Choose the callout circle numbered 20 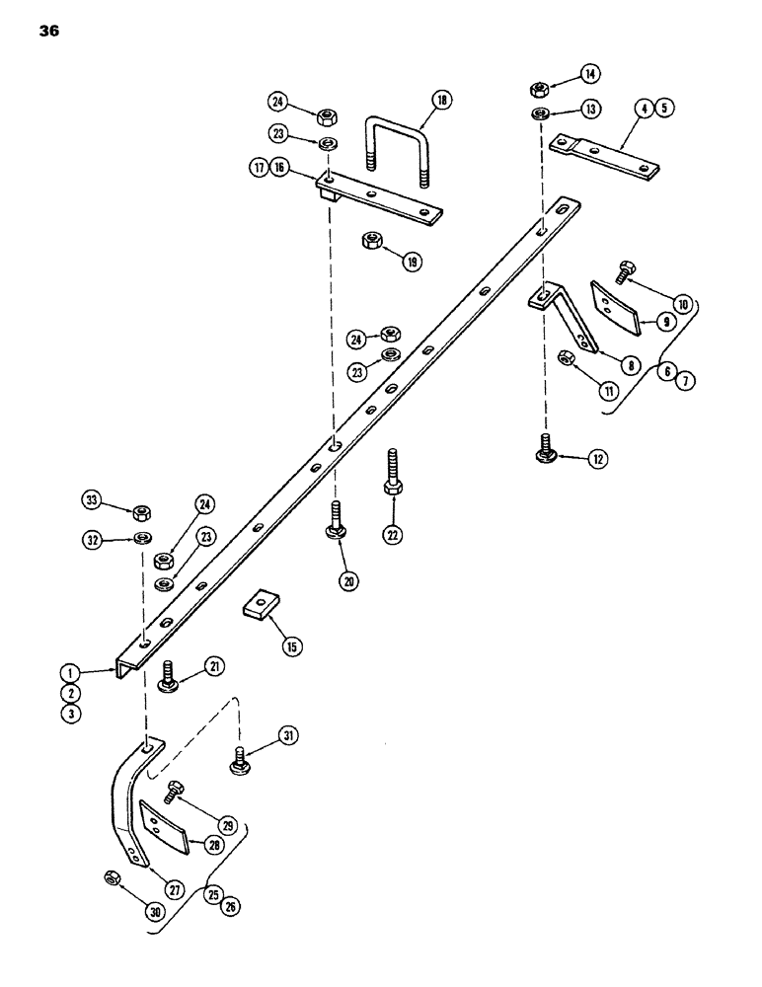coord(348,582)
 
